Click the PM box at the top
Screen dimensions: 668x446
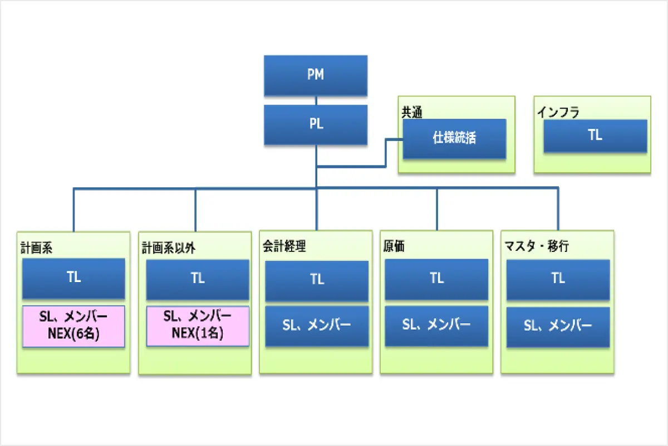click(x=316, y=75)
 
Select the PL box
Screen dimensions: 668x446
click(x=316, y=124)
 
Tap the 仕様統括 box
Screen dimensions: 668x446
click(x=454, y=139)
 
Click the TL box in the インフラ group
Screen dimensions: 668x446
click(x=595, y=136)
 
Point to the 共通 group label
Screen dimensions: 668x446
click(x=412, y=112)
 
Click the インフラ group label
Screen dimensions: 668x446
click(x=558, y=112)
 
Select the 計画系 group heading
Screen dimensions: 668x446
click(x=36, y=248)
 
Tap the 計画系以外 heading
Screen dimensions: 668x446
click(x=169, y=248)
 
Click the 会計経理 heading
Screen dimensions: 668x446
click(x=284, y=246)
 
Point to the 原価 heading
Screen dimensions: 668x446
click(x=394, y=246)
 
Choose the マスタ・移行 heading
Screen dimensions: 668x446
click(x=537, y=246)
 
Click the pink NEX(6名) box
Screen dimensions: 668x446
click(x=73, y=326)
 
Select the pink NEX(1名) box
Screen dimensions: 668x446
click(x=198, y=326)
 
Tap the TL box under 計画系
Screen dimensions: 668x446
click(x=73, y=278)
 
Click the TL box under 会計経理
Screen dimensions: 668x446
click(x=317, y=281)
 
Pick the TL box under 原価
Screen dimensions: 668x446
click(x=436, y=279)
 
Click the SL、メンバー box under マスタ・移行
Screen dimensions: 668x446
click(x=558, y=327)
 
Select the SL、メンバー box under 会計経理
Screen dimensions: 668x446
click(x=317, y=326)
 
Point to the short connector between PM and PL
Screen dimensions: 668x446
click(x=316, y=100)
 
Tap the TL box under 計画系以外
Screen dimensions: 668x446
click(x=198, y=280)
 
